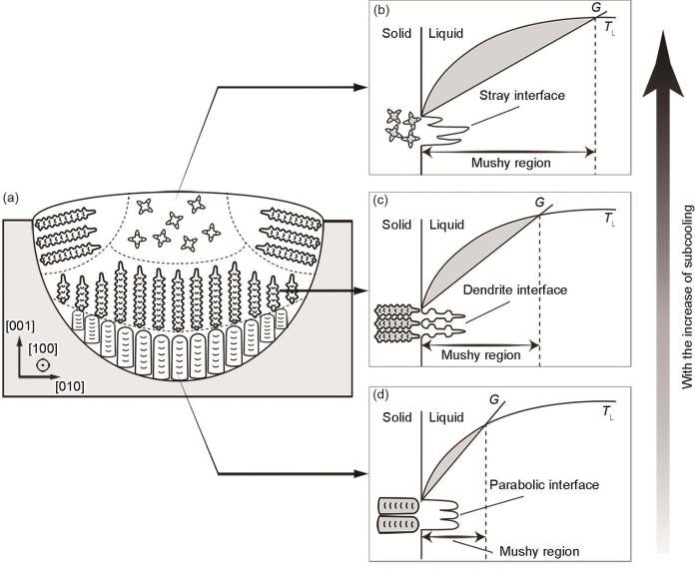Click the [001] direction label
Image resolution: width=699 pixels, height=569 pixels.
tap(20, 326)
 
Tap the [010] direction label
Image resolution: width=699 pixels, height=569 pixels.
tap(70, 386)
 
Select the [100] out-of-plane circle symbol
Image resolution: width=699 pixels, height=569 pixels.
tap(43, 365)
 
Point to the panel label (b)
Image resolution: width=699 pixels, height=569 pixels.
tap(381, 10)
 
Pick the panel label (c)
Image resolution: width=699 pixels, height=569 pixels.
tap(381, 201)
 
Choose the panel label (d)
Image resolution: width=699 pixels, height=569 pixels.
tap(381, 394)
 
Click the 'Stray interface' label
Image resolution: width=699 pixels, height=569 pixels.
tap(522, 96)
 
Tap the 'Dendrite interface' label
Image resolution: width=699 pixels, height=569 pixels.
tap(515, 290)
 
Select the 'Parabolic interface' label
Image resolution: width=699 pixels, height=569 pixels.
tap(544, 485)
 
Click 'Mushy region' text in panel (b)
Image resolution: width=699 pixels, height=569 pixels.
tap(511, 163)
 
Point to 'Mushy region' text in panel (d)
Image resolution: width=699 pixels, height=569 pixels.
tap(539, 552)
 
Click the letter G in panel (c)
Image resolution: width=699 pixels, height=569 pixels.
tap(539, 203)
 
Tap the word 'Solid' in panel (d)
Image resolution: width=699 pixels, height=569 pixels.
tap(396, 417)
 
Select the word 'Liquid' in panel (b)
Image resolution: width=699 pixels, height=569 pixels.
tap(446, 33)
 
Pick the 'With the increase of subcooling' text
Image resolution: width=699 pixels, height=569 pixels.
tap(688, 296)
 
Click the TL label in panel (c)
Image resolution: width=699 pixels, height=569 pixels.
tap(609, 219)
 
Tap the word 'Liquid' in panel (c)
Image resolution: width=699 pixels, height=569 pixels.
tap(446, 225)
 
